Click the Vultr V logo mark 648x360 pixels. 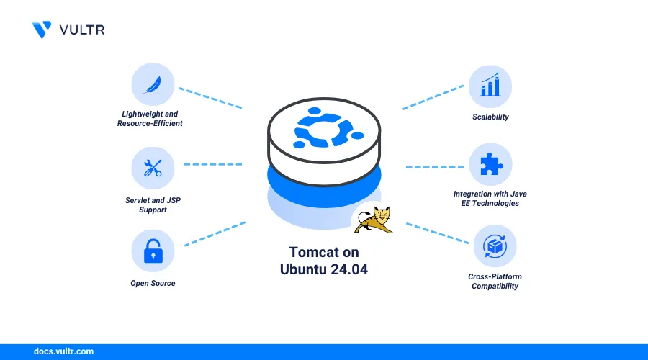[x=41, y=30]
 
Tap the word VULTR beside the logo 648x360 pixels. [x=82, y=30]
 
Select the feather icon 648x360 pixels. [x=153, y=85]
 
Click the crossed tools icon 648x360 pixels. [x=153, y=168]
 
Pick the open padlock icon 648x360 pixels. [x=153, y=251]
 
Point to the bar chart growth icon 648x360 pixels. [x=490, y=85]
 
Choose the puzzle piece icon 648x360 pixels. [x=491, y=163]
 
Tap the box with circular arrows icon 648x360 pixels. [x=495, y=246]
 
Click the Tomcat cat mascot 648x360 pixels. [x=374, y=220]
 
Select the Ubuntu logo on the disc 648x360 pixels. [x=323, y=127]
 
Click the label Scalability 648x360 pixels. [x=490, y=117]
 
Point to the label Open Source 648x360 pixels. [x=153, y=283]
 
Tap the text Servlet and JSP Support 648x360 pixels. [x=153, y=205]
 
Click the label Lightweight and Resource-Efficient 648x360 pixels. [x=150, y=119]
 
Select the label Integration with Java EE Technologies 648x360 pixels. [x=490, y=199]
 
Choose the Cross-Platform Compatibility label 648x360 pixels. [x=495, y=282]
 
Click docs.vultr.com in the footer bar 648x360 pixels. [x=63, y=351]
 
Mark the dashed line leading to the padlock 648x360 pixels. [x=215, y=234]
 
